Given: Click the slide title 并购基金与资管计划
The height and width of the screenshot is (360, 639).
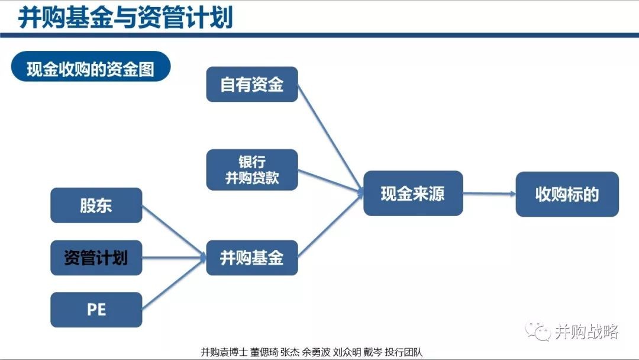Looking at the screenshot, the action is (x=125, y=17).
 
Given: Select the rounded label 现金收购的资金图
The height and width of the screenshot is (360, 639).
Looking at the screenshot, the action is (x=91, y=66).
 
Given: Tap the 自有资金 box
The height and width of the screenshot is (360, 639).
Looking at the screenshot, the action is (x=252, y=85).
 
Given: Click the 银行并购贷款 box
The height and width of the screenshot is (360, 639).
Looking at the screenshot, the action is (x=252, y=169).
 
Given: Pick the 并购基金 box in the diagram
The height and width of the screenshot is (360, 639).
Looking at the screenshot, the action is (x=252, y=258).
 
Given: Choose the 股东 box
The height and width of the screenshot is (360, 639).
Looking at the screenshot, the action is (x=96, y=205).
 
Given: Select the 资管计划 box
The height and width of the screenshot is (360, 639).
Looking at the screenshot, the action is (x=96, y=258).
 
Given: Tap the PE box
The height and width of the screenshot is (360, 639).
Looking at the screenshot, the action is (x=96, y=310).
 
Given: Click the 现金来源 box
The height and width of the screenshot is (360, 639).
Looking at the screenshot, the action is (x=413, y=193).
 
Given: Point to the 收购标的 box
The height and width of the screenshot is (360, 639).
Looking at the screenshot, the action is (x=567, y=194).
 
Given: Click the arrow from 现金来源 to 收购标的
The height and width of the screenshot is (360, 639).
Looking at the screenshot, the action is (x=489, y=194).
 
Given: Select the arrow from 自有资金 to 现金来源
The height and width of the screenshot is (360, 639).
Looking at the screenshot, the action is (x=331, y=138).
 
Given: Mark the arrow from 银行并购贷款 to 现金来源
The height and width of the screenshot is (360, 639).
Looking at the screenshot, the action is (x=331, y=181).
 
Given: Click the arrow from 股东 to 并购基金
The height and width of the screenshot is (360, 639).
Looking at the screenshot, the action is (x=175, y=231).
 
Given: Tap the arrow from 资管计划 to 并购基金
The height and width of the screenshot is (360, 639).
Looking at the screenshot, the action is (x=175, y=258).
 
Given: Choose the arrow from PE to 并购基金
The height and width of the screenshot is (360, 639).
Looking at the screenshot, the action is (x=175, y=284).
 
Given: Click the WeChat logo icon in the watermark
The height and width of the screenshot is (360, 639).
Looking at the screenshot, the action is (x=538, y=331).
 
